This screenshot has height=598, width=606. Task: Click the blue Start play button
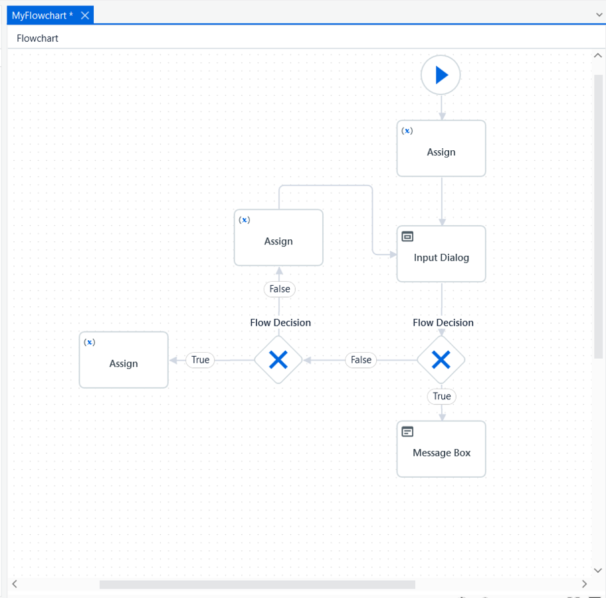coord(441,75)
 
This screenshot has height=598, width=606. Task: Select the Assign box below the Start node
coord(441,148)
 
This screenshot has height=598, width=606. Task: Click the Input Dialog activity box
coord(441,254)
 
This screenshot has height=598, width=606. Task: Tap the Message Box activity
coord(441,449)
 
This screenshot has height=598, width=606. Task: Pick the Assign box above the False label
coord(278,238)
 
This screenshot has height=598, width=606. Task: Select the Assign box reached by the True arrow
coord(124,360)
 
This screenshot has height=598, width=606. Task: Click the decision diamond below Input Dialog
coord(441,360)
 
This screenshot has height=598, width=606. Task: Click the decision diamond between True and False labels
coord(278,360)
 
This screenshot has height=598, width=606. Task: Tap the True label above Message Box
coord(442,396)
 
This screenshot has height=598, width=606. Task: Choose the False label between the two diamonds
coord(361,360)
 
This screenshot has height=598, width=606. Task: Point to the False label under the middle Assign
coord(280,289)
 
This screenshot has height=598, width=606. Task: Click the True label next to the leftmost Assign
coord(200,360)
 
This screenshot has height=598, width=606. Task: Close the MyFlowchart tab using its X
coord(85,15)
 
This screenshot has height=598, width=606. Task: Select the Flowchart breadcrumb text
coord(37,39)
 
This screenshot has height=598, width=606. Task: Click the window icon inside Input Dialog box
coord(407,236)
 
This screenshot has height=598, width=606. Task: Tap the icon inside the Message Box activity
coord(407,431)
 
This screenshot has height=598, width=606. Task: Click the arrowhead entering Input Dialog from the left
coord(393,254)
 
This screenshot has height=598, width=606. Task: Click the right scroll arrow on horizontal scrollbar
coord(584,584)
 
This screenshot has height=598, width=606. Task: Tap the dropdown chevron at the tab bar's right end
coord(599,15)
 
